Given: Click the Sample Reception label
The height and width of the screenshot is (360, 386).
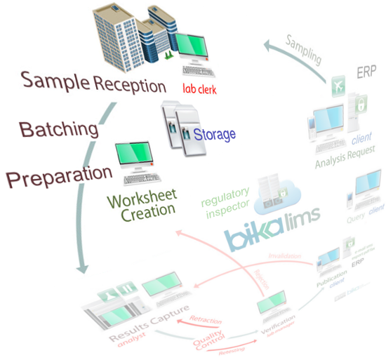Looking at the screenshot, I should pyautogui.click(x=94, y=84).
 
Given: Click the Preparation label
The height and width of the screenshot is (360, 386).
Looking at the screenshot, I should pyautogui.click(x=60, y=175).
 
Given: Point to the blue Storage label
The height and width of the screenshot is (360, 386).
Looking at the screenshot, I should pyautogui.click(x=215, y=134).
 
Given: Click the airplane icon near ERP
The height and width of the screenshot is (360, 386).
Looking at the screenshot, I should pyautogui.click(x=338, y=82).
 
